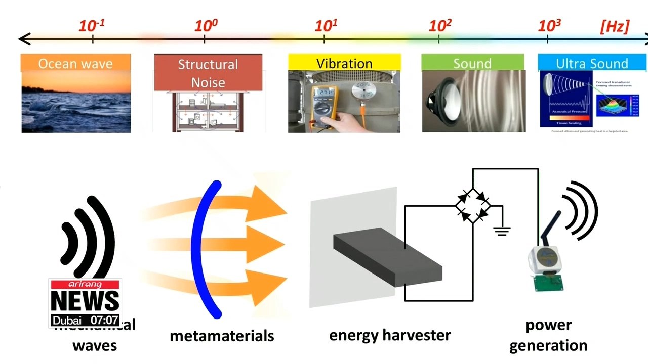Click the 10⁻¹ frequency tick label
[92, 25]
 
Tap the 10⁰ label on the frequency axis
[206, 25]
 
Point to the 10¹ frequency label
[326, 25]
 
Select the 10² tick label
[439, 25]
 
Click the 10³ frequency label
[550, 25]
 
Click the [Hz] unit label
[614, 27]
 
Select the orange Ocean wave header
[76, 63]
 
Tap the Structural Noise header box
[208, 72]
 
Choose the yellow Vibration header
[344, 63]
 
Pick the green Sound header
[472, 63]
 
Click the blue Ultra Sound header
[592, 63]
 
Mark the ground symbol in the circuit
[502, 231]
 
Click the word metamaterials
[222, 336]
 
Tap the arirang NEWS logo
[85, 296]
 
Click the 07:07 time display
[104, 321]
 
